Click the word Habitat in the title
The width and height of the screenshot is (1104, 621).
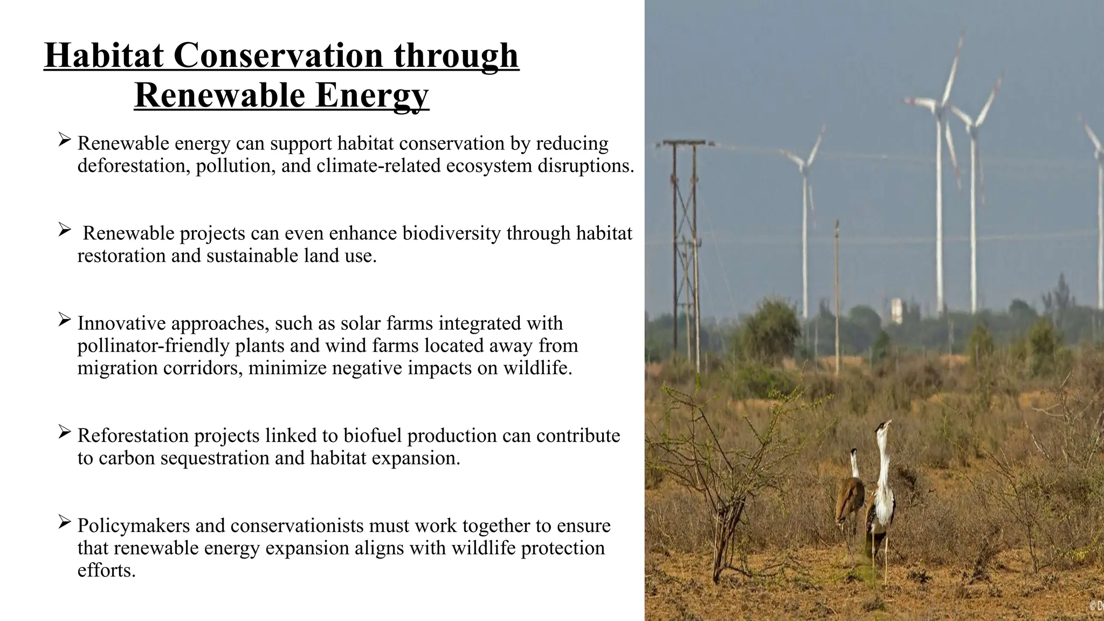[x=103, y=56]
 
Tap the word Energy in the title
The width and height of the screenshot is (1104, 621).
[x=372, y=95]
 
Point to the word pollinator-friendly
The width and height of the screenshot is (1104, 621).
[x=154, y=346]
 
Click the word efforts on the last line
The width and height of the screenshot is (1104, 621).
[x=106, y=570]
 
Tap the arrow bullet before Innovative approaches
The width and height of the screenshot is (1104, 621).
[x=65, y=320]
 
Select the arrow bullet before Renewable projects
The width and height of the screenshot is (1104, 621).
[x=65, y=230]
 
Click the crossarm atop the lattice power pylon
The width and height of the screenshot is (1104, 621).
[x=684, y=143]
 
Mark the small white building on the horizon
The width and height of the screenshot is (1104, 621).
[x=896, y=310]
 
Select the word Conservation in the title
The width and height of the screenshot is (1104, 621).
[x=278, y=56]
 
